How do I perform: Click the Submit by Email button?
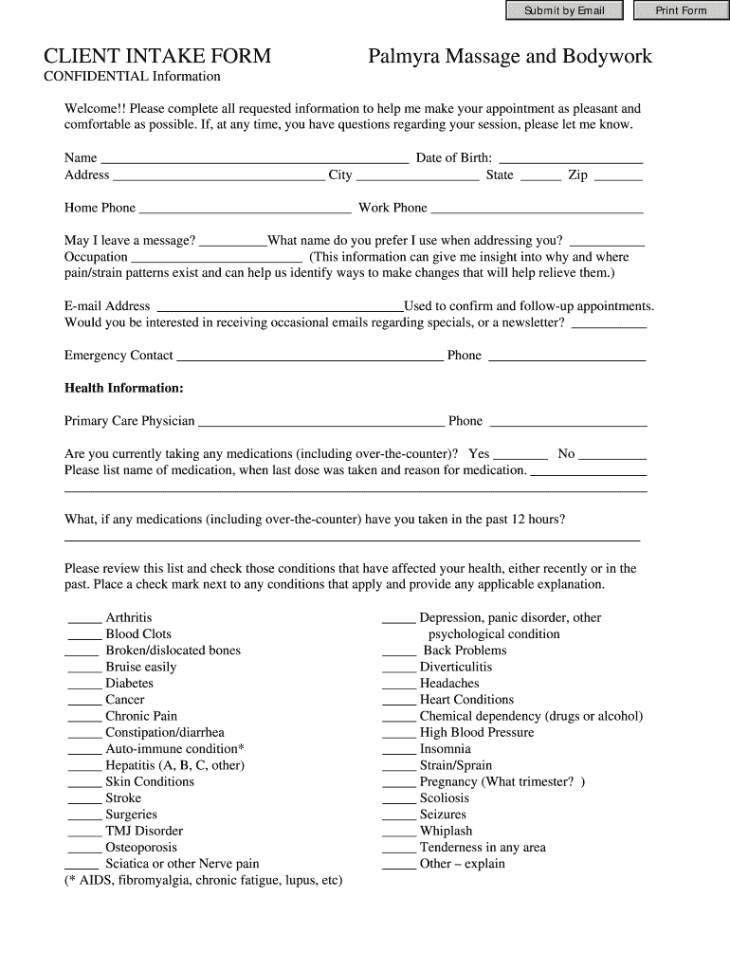click(564, 10)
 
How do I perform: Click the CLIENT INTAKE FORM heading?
click(157, 57)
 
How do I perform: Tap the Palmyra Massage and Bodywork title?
click(510, 57)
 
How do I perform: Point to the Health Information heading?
click(123, 388)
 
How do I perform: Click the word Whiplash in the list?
click(446, 831)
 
